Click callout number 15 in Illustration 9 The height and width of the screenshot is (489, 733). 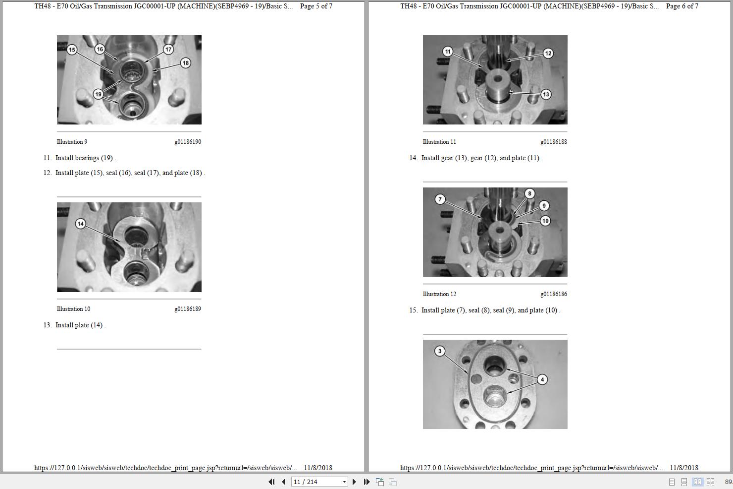[72, 50]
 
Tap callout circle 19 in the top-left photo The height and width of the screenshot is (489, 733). [98, 94]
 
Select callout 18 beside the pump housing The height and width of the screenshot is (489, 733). [186, 63]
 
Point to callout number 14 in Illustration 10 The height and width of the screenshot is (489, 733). [81, 224]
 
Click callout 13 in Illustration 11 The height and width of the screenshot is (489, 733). [546, 94]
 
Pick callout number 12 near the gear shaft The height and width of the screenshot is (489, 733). [548, 53]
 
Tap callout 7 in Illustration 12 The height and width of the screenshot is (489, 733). [440, 199]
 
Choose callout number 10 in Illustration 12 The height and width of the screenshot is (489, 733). [545, 221]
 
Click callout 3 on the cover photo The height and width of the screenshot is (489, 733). [440, 351]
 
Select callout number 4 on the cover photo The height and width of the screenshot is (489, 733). [542, 379]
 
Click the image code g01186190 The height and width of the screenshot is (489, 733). [188, 141]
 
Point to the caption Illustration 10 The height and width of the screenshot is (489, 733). [74, 309]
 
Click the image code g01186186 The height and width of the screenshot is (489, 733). [554, 294]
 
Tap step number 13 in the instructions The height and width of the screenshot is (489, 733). [48, 325]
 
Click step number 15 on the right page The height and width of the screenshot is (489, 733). [413, 310]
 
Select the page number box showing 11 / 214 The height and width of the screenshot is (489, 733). [319, 482]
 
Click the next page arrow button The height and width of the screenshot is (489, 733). [354, 482]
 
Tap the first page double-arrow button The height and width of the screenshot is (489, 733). [271, 482]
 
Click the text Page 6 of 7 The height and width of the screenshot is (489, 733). [682, 6]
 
